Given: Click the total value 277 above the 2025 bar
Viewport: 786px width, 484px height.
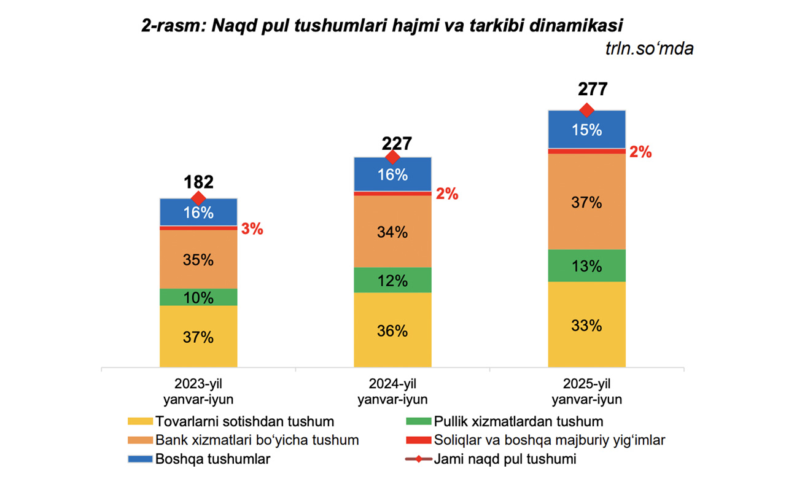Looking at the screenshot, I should click(x=593, y=90).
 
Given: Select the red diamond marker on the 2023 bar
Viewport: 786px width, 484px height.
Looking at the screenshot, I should click(x=198, y=198).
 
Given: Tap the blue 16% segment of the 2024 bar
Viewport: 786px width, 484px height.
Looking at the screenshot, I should click(x=392, y=174).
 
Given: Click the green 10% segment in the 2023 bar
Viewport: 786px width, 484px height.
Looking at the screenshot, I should click(x=198, y=297).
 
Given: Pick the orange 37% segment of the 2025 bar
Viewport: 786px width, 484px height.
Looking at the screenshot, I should click(x=586, y=201).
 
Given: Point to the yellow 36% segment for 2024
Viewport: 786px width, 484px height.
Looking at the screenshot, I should click(x=392, y=330).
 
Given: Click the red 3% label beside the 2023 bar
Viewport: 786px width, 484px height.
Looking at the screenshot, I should click(x=252, y=230).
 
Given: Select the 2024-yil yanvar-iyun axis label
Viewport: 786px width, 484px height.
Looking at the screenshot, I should click(x=392, y=392).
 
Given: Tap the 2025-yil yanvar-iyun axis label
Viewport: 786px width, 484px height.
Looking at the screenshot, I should click(x=586, y=392).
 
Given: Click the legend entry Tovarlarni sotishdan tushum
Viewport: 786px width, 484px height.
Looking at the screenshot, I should click(x=244, y=421).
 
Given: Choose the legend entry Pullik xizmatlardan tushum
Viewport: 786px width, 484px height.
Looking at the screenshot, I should click(x=518, y=421).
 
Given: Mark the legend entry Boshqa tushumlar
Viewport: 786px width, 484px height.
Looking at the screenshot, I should click(x=212, y=459).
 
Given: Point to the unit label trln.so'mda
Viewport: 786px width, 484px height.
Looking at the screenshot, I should click(x=649, y=49).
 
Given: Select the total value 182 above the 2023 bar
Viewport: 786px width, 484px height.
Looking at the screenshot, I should click(x=198, y=182).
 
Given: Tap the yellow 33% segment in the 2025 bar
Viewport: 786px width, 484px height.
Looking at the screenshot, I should click(x=586, y=324).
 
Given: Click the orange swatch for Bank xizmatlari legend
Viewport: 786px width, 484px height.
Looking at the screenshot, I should click(x=139, y=440).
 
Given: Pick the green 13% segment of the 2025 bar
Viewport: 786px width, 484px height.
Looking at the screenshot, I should click(x=586, y=266).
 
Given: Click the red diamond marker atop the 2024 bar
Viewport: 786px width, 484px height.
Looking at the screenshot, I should click(x=392, y=157).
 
